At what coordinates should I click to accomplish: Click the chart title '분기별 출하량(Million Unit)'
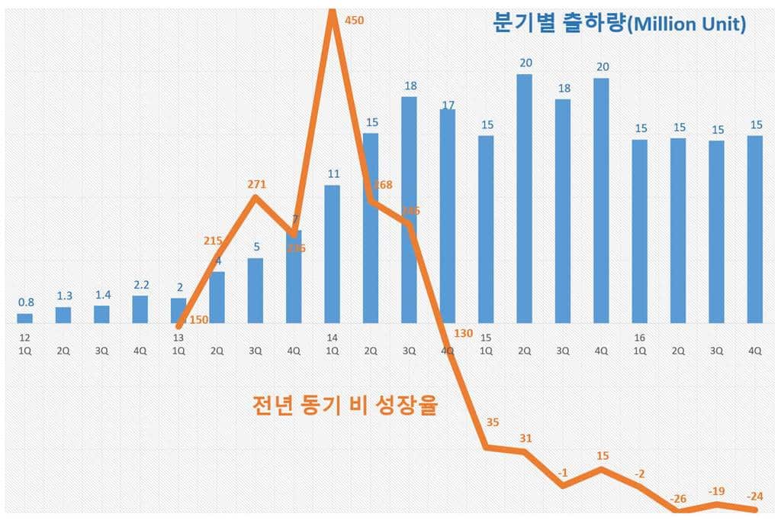pyautogui.click(x=619, y=24)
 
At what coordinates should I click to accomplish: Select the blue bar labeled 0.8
pyautogui.click(x=25, y=318)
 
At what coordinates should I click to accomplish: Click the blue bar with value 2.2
pyautogui.click(x=140, y=309)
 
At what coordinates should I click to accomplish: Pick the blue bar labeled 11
pyautogui.click(x=332, y=254)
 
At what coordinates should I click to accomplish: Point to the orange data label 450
pyautogui.click(x=354, y=21)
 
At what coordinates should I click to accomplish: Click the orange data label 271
pyautogui.click(x=256, y=184)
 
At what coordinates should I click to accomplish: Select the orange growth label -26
pyautogui.click(x=677, y=499)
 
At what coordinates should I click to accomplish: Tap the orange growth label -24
pyautogui.click(x=755, y=494)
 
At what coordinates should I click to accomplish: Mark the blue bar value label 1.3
pyautogui.click(x=63, y=296)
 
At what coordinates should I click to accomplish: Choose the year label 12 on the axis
pyautogui.click(x=25, y=338)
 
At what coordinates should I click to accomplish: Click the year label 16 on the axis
pyautogui.click(x=639, y=338)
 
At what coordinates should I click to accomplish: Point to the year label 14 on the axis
pyautogui.click(x=332, y=338)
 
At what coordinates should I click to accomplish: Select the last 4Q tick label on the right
pyautogui.click(x=755, y=351)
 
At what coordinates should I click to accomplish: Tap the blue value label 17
pyautogui.click(x=448, y=105)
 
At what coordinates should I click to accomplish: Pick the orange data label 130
pyautogui.click(x=463, y=332)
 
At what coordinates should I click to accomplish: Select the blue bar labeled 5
pyautogui.click(x=256, y=291)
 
